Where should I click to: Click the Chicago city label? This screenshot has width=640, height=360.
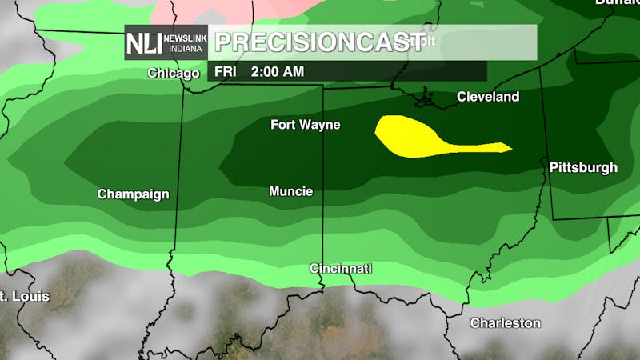click(x=173, y=74)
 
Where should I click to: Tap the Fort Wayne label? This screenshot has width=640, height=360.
click(x=305, y=125)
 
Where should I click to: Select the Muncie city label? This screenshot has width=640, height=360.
click(x=290, y=192)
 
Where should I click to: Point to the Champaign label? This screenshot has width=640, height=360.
click(x=133, y=194)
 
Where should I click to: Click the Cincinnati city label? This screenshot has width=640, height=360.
click(x=341, y=269)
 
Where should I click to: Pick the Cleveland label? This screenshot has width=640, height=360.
click(x=488, y=97)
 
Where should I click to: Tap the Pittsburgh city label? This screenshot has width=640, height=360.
click(x=583, y=168)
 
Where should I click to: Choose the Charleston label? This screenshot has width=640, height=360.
click(x=505, y=323)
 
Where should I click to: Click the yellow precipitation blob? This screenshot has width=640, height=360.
click(x=404, y=134)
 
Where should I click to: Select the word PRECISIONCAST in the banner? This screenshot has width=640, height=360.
click(x=307, y=42)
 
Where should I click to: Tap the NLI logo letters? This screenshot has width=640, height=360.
click(x=143, y=44)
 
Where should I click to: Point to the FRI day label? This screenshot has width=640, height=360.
click(x=226, y=71)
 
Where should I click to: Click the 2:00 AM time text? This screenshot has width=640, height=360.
click(x=277, y=71)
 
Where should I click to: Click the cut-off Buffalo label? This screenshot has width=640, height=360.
click(x=618, y=2)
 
